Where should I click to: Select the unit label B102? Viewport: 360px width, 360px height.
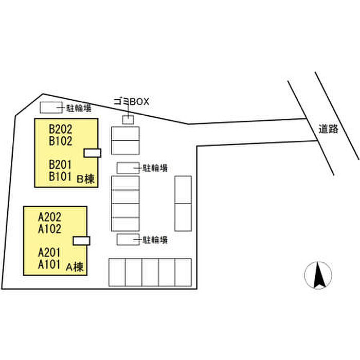click(61, 141)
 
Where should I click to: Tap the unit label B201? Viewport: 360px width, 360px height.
click(61, 165)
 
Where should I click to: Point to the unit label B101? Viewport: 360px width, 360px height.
click(61, 176)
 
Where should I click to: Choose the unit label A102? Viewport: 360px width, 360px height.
click(50, 229)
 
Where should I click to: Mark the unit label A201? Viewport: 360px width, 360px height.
click(50, 253)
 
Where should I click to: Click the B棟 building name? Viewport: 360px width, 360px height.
click(85, 179)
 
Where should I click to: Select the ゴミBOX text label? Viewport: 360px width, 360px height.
click(131, 102)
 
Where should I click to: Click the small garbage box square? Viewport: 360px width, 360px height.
click(128, 119)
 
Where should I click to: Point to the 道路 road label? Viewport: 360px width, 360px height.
click(328, 129)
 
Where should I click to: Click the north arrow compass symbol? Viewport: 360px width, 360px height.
click(318, 276)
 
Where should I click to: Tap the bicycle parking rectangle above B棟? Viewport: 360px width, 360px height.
click(50, 107)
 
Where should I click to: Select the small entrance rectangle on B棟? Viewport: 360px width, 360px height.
click(93, 152)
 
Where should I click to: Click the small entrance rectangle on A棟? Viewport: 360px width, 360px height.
click(82, 240)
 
